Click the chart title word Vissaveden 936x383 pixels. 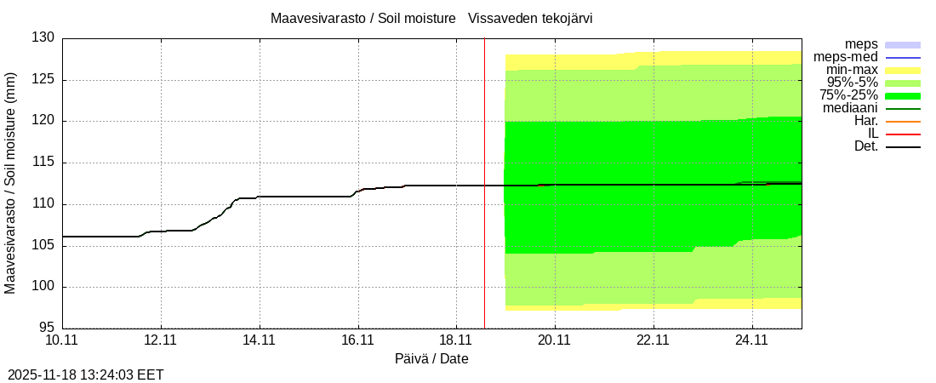click(x=500, y=18)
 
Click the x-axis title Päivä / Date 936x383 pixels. click(x=431, y=358)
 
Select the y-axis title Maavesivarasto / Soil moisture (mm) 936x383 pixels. click(x=10, y=183)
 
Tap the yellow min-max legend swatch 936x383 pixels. click(x=903, y=70)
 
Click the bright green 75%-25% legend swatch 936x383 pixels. click(x=903, y=95)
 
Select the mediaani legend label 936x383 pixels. click(x=850, y=108)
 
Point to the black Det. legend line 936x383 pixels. click(x=903, y=147)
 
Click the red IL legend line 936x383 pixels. click(x=903, y=134)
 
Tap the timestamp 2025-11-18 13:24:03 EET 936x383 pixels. click(x=86, y=374)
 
